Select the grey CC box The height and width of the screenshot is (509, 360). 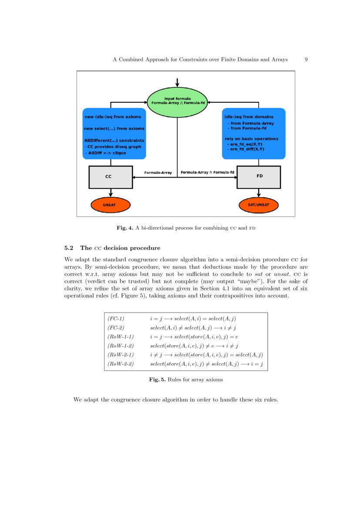[111, 177]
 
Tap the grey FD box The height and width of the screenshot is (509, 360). [259, 177]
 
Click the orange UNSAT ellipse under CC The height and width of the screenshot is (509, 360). [111, 204]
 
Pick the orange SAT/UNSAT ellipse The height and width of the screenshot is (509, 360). [259, 204]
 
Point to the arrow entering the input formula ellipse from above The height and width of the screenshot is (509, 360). [177, 82]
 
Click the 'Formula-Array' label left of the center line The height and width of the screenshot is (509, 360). [158, 173]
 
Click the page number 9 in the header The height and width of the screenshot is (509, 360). [306, 59]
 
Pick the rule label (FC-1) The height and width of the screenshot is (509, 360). [116, 319]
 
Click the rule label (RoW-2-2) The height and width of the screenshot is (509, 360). [121, 364]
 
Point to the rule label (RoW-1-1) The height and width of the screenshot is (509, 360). [121, 337]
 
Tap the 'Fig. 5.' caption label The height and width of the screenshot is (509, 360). [157, 380]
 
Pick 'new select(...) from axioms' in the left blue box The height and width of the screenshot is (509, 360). [114, 128]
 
